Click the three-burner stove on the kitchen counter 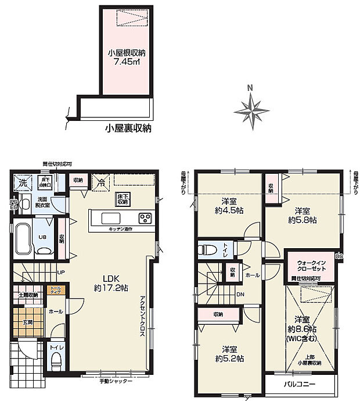coord(145,218)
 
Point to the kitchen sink coord(110,218)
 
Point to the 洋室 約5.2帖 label coord(231,353)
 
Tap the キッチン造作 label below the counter coord(120,230)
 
